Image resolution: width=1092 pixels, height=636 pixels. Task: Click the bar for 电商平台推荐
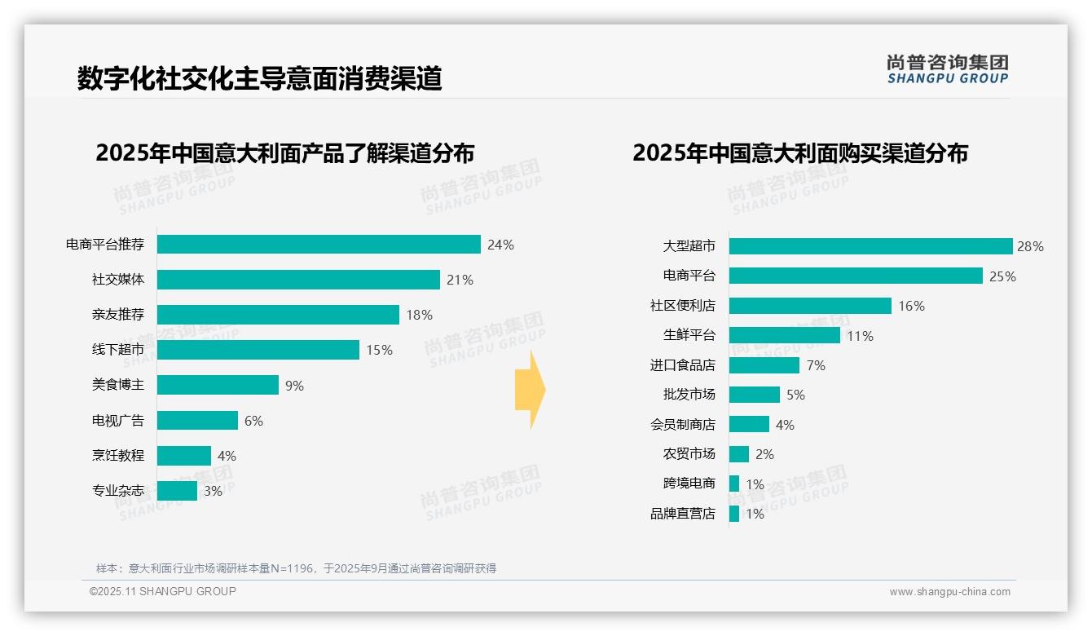[319, 245]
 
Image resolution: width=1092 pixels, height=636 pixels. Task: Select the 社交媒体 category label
[118, 280]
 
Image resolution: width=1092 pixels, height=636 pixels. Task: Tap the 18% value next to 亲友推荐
[419, 315]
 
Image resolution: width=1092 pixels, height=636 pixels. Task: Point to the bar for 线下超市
[258, 350]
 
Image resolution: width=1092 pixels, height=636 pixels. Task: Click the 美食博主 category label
[118, 385]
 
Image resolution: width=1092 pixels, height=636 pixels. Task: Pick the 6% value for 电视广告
[253, 421]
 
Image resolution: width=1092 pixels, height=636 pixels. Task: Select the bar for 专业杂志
[177, 491]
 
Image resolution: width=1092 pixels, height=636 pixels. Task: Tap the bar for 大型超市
[870, 246]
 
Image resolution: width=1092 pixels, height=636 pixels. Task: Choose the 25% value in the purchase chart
[1002, 276]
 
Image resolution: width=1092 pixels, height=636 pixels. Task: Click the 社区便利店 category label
[683, 306]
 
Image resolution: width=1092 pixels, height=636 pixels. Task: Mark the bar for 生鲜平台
[784, 335]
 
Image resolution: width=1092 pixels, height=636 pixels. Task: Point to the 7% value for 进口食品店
[816, 365]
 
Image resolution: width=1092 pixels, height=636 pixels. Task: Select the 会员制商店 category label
[683, 424]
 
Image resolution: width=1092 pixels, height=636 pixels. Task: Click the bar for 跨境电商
[734, 484]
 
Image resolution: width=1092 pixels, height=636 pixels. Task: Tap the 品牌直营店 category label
[683, 514]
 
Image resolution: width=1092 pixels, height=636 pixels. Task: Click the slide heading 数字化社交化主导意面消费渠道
[259, 78]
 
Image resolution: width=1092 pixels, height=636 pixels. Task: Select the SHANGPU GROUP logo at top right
[947, 68]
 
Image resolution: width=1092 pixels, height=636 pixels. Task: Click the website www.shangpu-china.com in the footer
[949, 592]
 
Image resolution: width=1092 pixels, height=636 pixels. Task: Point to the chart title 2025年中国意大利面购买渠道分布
[799, 153]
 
